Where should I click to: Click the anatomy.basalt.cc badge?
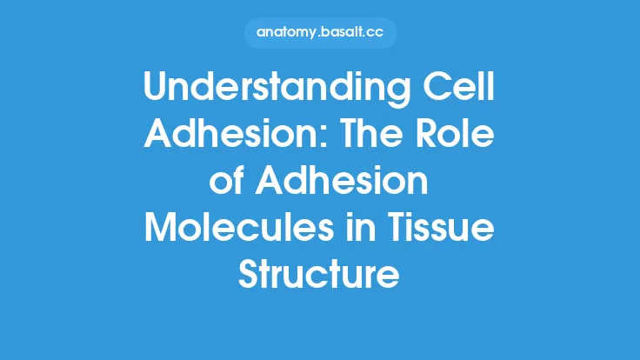(x=319, y=34)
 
